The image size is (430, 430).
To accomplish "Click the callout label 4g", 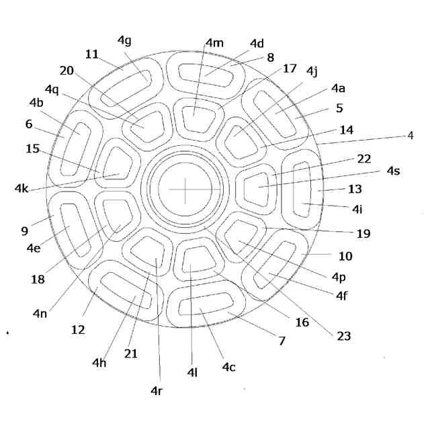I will [124, 40].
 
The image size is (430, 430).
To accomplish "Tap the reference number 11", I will [92, 52].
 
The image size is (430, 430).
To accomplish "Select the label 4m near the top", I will [214, 43].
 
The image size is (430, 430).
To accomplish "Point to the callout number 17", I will [290, 68].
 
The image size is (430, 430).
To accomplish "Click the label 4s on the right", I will [394, 171].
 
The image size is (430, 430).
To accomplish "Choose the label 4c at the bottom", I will [230, 368].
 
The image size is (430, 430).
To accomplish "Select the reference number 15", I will [33, 148].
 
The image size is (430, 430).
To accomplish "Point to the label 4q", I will [52, 89].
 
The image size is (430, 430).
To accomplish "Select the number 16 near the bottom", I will [302, 322].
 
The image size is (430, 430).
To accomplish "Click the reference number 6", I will [28, 124].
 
